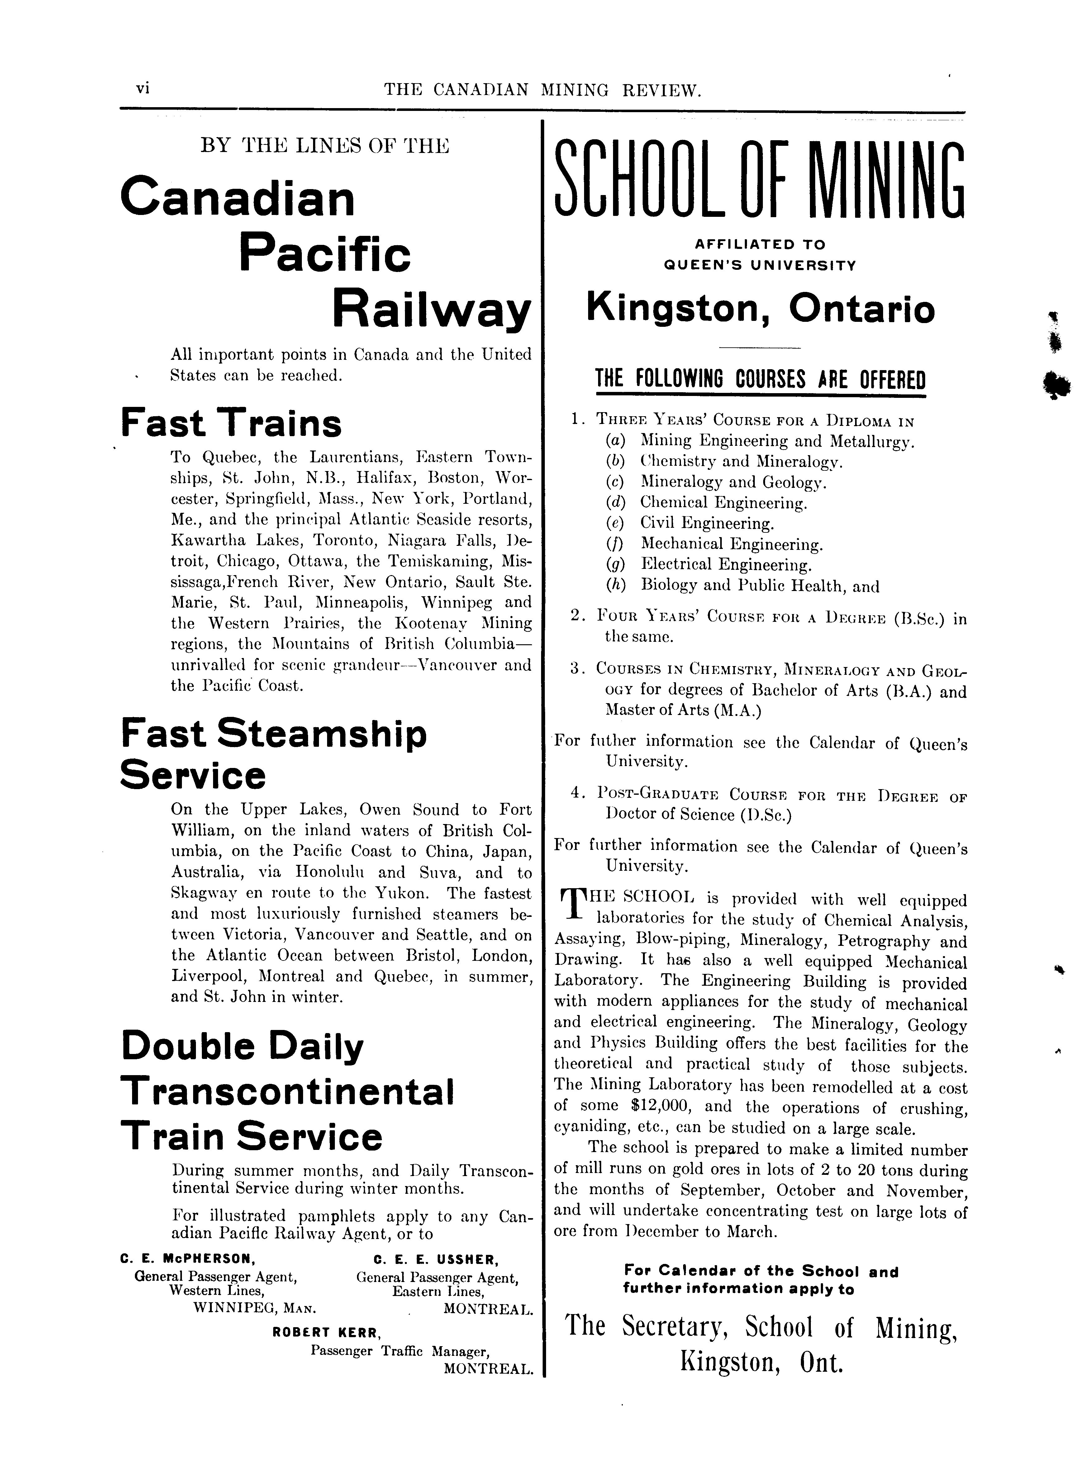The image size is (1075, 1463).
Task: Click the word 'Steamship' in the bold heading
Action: click(x=321, y=734)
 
